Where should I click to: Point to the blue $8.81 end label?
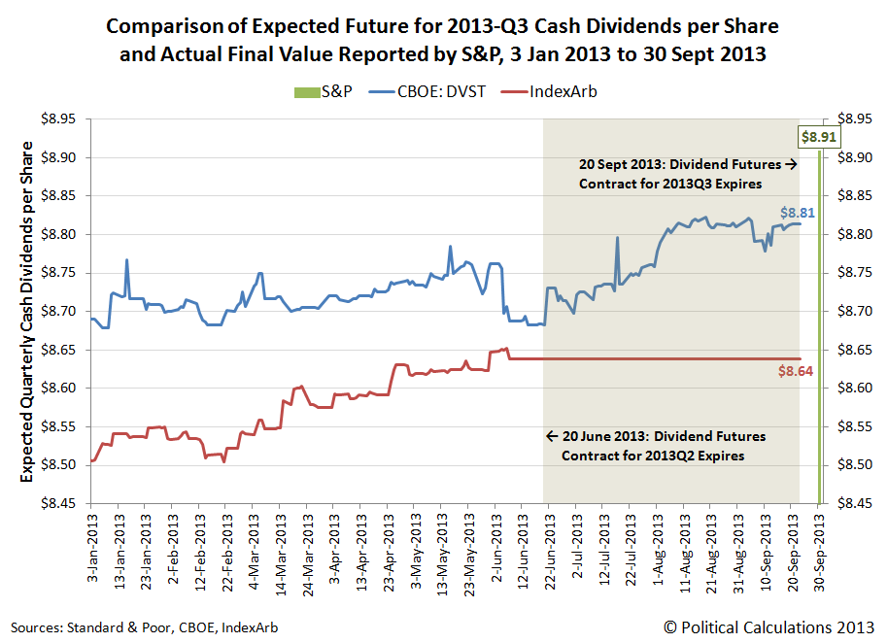coord(797,211)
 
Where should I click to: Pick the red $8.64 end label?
coord(796,371)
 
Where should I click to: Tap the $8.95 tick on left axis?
coord(62,119)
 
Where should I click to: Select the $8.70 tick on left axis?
coord(62,312)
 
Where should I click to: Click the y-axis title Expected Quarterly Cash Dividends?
coord(26,311)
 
